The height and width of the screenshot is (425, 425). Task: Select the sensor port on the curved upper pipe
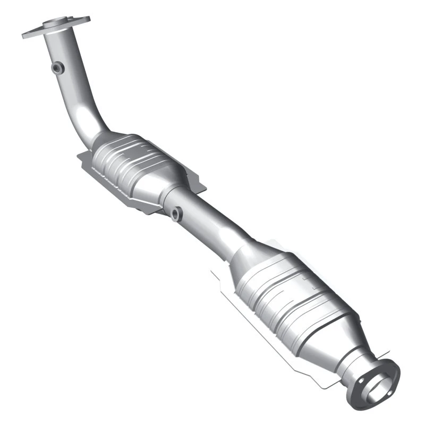[x=57, y=67]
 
